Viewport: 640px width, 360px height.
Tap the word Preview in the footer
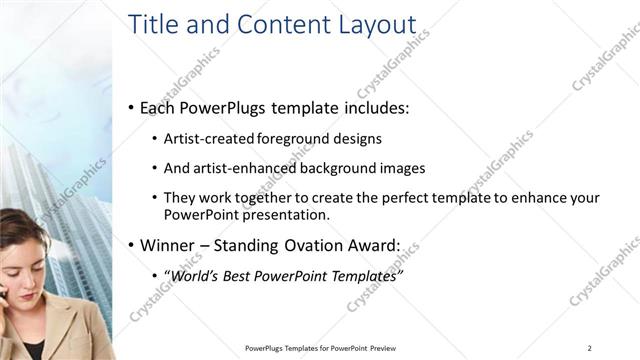(383, 348)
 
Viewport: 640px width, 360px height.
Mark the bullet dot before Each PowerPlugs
(132, 108)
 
